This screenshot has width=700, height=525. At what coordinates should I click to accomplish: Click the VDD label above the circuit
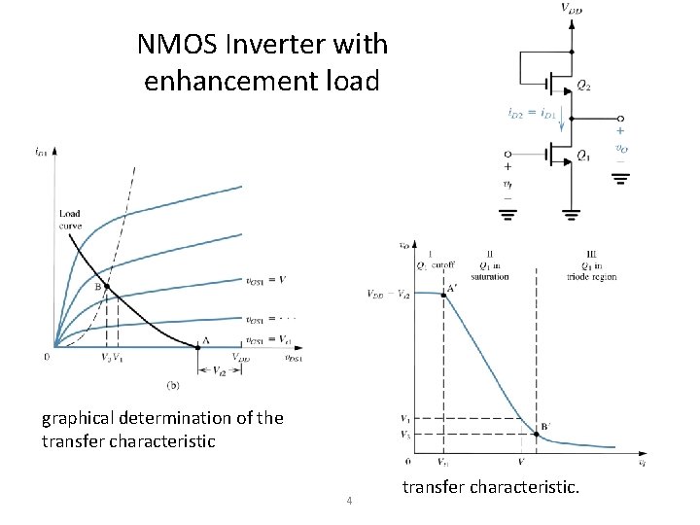573,9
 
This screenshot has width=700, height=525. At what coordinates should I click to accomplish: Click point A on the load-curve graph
197,346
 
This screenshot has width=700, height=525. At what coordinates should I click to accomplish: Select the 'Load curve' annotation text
70,220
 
